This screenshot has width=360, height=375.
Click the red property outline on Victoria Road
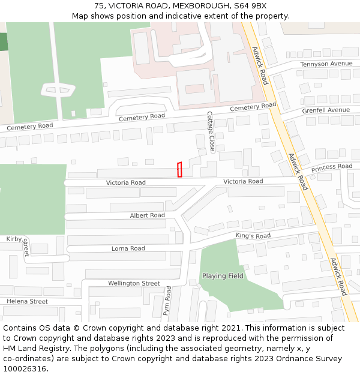point(179,170)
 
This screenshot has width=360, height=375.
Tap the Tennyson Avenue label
point(326,64)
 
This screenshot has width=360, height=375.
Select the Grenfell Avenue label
point(326,110)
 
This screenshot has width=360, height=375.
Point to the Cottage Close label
point(211,131)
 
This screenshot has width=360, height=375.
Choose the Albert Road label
point(147,215)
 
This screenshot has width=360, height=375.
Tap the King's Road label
point(253,236)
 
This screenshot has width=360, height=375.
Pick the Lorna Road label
point(128,248)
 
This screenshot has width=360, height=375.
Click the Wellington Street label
point(134,283)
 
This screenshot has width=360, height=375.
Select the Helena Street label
point(27,301)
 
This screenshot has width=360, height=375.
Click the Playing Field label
point(223,276)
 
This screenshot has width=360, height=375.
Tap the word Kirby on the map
point(14,239)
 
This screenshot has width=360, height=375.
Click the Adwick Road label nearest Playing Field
point(337,277)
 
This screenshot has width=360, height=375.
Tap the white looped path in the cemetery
point(59,91)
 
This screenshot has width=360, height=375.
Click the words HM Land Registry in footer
point(35,349)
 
